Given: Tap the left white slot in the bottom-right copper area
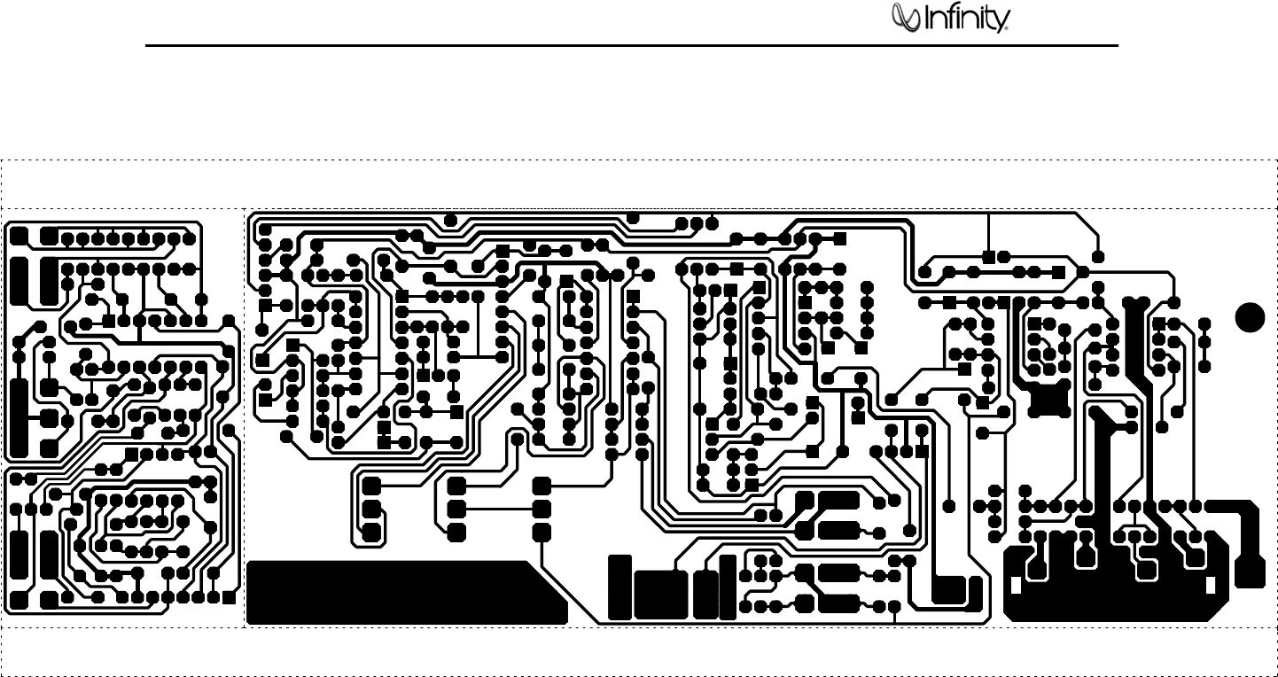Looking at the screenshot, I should pos(1016,586).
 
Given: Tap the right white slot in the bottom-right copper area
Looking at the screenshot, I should pos(1211,586).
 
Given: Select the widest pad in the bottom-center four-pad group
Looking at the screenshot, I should pos(661,595).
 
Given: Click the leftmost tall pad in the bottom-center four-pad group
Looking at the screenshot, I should pos(620,587).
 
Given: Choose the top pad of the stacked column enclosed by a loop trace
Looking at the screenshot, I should pos(371,486).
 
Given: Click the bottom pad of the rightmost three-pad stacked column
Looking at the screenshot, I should pos(542,532).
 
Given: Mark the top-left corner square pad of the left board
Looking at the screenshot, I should pos(19,235).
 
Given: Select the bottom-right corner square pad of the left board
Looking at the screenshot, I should pos(229,596).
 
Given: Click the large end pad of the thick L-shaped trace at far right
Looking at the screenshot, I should pos(1251,572).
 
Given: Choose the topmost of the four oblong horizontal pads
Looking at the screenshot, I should pos(837,501).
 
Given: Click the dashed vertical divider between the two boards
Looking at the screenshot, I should pos(245,416).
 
